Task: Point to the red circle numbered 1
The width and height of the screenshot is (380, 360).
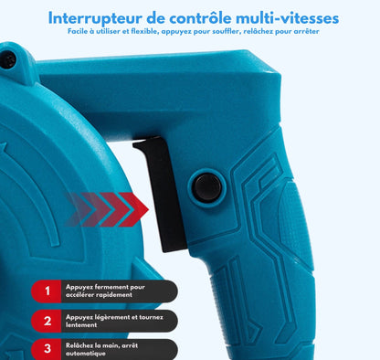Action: (47, 291)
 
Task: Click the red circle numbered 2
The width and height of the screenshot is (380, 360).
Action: (47, 320)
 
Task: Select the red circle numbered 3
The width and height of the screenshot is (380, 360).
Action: (47, 348)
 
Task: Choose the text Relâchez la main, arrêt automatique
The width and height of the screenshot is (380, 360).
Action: (101, 348)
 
